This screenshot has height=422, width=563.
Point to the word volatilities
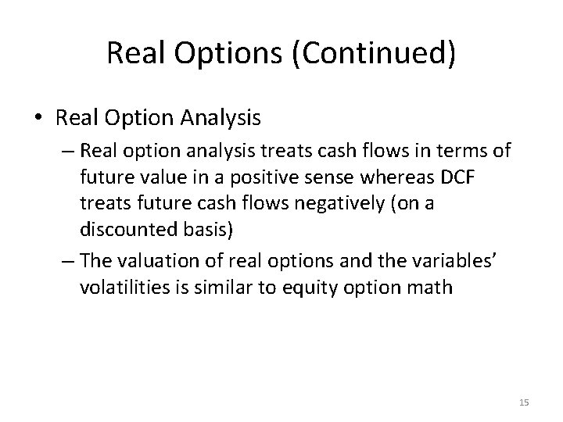point(120,288)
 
